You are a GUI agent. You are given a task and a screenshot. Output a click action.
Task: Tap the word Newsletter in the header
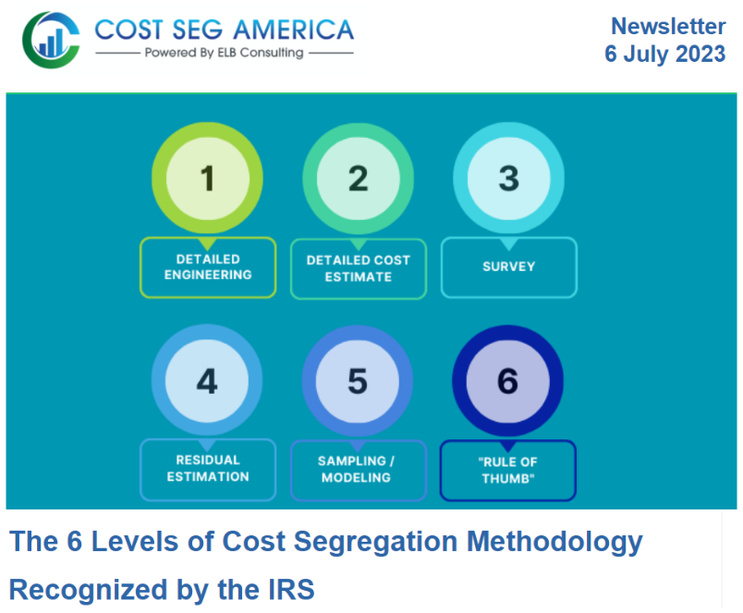[667, 26]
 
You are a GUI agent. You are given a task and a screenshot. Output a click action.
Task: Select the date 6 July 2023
[664, 55]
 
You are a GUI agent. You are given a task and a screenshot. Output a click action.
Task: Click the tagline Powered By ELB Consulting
[225, 53]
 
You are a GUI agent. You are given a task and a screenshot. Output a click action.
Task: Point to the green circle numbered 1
[207, 178]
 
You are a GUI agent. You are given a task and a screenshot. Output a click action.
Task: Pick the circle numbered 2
[358, 178]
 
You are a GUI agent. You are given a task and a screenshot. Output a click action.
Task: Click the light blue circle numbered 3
[507, 178]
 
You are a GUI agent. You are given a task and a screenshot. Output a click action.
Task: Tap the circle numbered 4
[207, 381]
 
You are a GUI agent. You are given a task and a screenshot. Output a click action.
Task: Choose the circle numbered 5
[358, 381]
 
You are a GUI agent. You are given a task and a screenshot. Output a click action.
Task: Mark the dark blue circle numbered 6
[507, 381]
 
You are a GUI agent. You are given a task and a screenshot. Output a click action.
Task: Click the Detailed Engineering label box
[208, 267]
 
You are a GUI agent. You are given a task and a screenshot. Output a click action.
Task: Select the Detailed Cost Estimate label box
[359, 268]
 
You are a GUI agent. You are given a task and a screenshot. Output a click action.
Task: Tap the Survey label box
[508, 267]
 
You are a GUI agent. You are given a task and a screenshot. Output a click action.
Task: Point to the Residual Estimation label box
[208, 469]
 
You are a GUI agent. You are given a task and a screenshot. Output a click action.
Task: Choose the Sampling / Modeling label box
[359, 469]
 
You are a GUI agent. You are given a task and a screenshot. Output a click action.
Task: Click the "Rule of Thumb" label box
[508, 470]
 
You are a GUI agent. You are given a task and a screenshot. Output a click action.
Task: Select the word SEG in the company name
[202, 29]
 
